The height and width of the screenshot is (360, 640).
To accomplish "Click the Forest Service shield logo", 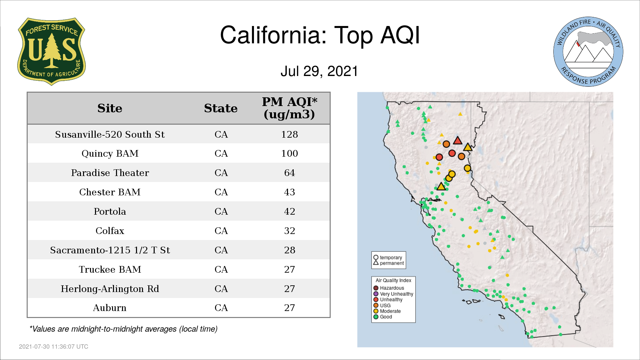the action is (x=51, y=52).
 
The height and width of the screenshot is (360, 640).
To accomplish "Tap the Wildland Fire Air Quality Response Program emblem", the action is (x=588, y=52).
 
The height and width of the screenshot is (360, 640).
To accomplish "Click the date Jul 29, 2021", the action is (x=319, y=71).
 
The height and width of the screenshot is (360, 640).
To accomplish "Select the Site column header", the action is (x=110, y=108).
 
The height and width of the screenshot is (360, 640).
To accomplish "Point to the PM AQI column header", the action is (x=289, y=108).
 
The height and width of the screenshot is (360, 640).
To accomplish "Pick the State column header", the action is (x=221, y=108).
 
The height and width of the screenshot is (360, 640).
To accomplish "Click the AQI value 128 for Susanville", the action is (x=289, y=134).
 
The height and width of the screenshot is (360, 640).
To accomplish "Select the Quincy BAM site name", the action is (x=110, y=153).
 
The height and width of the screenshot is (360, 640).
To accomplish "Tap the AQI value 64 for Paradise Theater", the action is (x=289, y=173).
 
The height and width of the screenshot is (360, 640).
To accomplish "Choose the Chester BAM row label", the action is (x=110, y=192).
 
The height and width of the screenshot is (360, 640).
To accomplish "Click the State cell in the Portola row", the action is (x=221, y=211).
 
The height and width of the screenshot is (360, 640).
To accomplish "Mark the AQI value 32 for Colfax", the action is (x=289, y=231).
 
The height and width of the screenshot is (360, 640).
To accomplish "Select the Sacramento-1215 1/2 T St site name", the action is (x=110, y=250).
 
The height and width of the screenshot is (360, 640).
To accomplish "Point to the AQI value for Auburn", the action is (x=289, y=308).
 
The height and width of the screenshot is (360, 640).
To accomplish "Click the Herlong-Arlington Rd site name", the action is (x=110, y=289).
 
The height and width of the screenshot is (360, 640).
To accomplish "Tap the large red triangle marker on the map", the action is (x=458, y=141).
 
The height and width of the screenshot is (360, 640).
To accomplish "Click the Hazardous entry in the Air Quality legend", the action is (x=389, y=288).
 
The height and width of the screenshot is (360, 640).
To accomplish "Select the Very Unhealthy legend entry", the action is (x=393, y=294).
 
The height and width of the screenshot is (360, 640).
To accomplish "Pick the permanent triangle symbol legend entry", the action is (x=388, y=263).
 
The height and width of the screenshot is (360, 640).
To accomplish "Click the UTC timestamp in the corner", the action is (x=54, y=347).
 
